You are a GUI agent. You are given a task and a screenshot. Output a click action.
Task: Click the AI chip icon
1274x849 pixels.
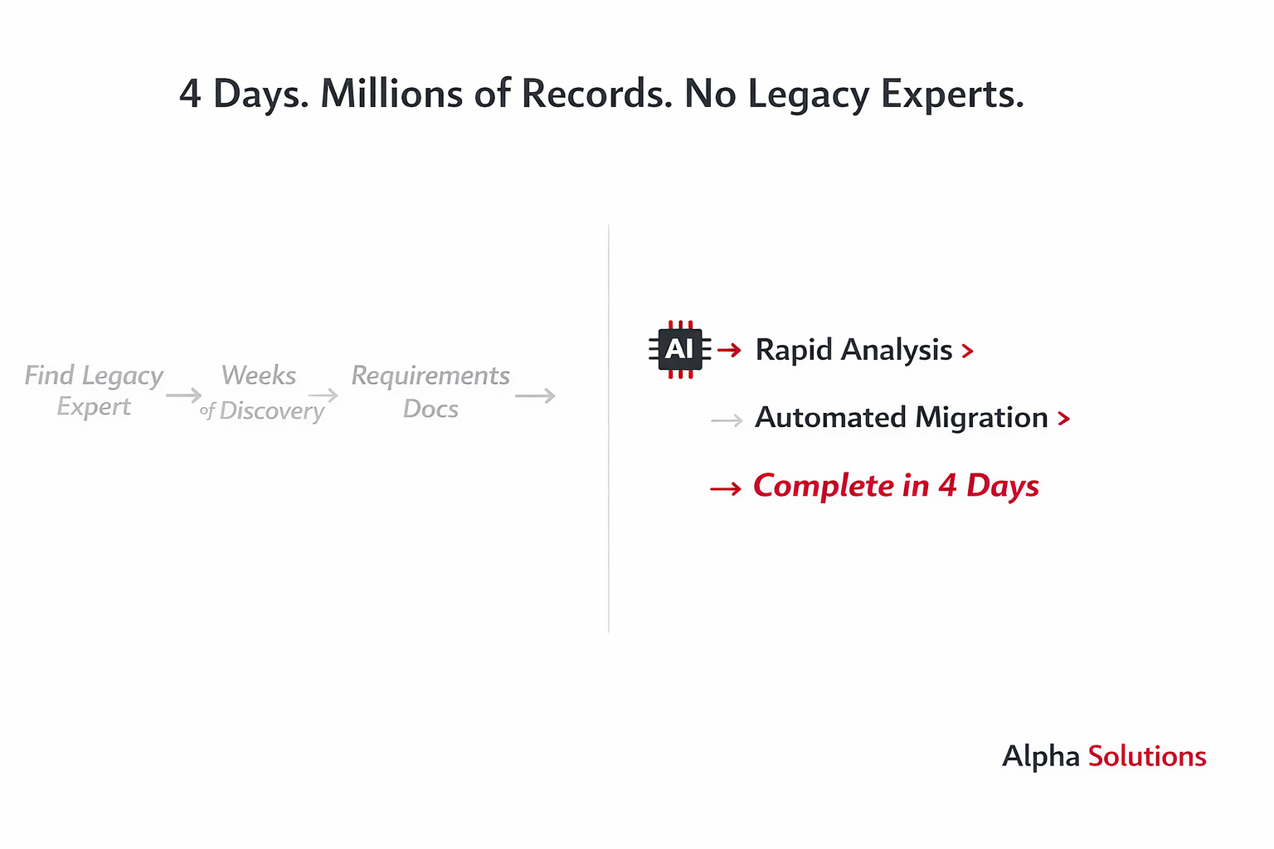pos(679,350)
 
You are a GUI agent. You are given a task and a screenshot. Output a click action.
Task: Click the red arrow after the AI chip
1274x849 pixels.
pos(729,351)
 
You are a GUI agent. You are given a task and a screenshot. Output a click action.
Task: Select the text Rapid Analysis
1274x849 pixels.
pos(853,351)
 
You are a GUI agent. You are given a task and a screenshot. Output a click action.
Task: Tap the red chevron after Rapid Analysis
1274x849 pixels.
pos(967,352)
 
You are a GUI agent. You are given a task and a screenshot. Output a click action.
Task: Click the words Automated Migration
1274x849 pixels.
pos(901,418)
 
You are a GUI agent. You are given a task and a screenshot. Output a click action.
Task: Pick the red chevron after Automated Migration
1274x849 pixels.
pos(1063,420)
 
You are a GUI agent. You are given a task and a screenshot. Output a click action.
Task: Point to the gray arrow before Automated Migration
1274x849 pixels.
pos(727,421)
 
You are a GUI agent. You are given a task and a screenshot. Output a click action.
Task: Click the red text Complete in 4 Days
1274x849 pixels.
pos(895,487)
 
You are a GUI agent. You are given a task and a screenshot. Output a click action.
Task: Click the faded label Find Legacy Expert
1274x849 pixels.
pos(94,391)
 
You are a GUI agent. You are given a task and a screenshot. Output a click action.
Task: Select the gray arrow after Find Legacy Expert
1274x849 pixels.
pos(183,395)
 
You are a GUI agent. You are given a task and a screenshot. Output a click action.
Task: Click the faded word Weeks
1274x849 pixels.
pos(259,376)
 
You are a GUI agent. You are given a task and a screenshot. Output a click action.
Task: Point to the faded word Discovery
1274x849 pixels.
pos(271,411)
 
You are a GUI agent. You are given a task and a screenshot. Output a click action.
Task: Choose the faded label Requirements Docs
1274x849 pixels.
pos(430,391)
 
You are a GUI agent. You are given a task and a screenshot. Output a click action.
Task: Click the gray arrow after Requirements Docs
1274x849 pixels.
pos(535,396)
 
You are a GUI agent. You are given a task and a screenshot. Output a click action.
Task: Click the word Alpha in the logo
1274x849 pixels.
pos(1040,757)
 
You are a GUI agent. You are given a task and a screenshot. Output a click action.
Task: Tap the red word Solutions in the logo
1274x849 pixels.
pos(1146,756)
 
